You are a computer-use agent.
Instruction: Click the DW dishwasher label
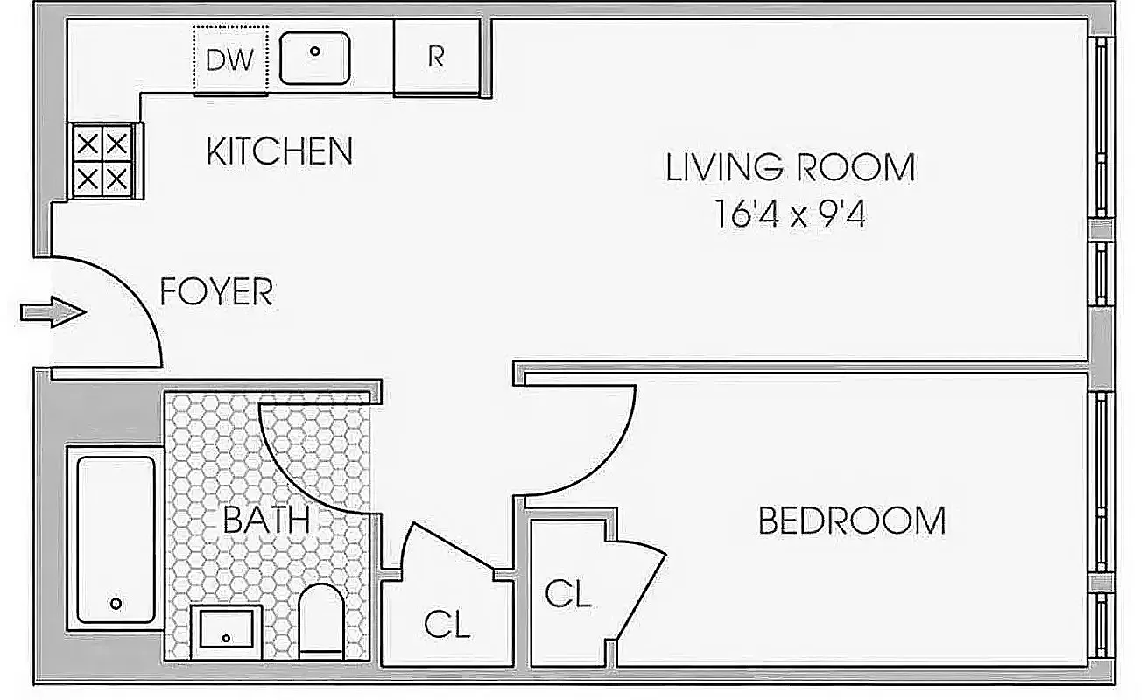(x=229, y=59)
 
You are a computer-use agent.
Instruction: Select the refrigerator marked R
(x=436, y=57)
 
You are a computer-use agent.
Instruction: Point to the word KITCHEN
(x=279, y=151)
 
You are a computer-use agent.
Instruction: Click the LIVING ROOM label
(x=790, y=167)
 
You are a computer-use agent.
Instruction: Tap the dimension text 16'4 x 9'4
(x=790, y=214)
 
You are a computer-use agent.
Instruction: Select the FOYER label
(x=216, y=291)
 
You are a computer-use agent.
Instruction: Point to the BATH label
(x=266, y=521)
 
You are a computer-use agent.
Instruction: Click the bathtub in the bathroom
(x=116, y=538)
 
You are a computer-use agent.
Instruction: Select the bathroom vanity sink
(x=227, y=631)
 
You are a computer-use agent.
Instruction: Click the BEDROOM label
(x=851, y=521)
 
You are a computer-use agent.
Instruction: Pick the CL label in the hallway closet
(x=447, y=625)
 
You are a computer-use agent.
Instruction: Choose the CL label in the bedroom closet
(x=567, y=594)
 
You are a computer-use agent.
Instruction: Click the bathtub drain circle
(x=116, y=604)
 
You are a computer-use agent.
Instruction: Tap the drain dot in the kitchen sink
(x=314, y=51)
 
